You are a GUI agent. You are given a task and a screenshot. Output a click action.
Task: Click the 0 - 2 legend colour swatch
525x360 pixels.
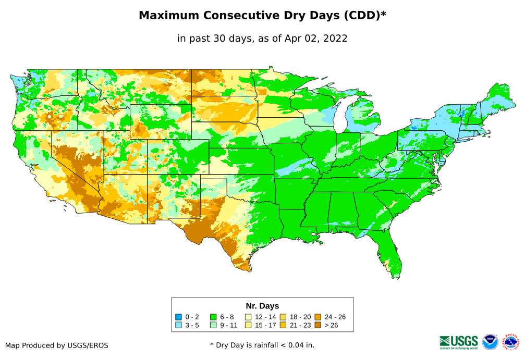tap(179, 317)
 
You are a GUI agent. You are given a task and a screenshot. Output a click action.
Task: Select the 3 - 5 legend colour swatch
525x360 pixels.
tap(179, 325)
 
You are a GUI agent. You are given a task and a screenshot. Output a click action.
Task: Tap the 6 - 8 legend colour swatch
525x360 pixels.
tap(213, 317)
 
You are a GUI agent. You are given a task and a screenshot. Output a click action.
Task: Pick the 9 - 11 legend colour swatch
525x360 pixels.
tap(213, 325)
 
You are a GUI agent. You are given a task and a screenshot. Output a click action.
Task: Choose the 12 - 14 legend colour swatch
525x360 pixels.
tap(248, 317)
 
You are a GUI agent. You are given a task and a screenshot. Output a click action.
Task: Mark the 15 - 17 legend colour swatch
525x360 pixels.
tap(248, 325)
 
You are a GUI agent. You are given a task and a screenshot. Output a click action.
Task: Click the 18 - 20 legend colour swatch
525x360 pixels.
tap(283, 317)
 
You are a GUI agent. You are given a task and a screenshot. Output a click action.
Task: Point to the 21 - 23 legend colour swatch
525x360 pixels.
tap(283, 325)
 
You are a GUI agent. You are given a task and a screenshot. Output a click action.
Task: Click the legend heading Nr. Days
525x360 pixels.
tap(262, 306)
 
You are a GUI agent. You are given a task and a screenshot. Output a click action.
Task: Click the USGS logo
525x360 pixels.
tap(459, 342)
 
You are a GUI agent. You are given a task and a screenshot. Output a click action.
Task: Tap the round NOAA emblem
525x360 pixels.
tap(490, 342)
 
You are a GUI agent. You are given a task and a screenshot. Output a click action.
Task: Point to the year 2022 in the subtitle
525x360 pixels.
tap(335, 38)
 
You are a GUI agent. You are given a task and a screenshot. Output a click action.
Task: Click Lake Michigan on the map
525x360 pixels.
tap(340, 118)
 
